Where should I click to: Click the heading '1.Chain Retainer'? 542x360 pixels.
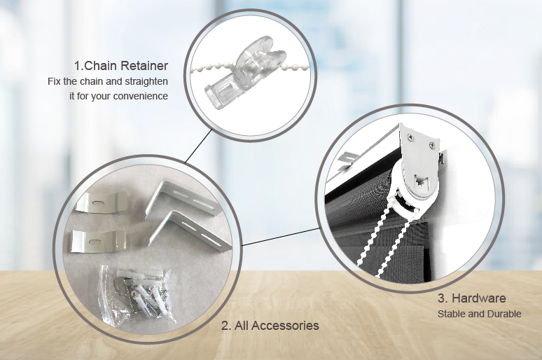(x=121, y=65)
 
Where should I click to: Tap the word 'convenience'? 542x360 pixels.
(x=141, y=96)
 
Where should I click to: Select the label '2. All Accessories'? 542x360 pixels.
(x=270, y=326)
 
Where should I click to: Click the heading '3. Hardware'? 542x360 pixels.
(x=472, y=298)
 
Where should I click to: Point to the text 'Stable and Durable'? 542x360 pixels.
(x=480, y=314)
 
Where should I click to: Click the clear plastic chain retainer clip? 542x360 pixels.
(x=244, y=73)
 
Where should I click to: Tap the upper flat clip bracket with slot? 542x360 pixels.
(x=102, y=202)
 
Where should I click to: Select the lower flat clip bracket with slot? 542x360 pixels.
(x=98, y=240)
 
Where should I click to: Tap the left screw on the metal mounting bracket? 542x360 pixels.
(x=410, y=137)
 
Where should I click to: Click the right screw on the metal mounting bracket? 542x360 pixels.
(x=432, y=145)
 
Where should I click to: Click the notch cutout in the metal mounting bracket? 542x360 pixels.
(x=422, y=181)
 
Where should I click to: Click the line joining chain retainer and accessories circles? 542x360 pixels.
(x=198, y=146)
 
